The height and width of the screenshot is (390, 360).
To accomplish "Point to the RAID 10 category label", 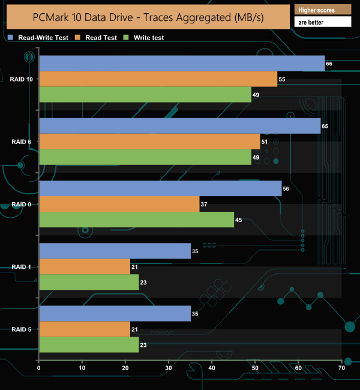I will click(21, 79).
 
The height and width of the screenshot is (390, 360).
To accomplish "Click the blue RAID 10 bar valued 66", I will click(182, 63).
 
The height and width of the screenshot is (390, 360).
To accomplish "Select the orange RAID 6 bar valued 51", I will click(149, 142).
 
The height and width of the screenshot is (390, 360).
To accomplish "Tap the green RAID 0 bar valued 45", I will click(136, 220).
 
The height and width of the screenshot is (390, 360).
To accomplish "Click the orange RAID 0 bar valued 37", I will click(119, 204).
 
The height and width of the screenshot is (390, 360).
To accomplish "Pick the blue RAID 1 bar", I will click(115, 251).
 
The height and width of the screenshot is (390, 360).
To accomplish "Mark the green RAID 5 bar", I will click(89, 344).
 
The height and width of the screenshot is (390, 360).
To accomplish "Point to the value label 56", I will click(286, 188).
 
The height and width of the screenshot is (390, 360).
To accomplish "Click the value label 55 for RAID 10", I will click(282, 79).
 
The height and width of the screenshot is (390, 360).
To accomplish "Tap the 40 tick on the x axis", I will click(212, 368).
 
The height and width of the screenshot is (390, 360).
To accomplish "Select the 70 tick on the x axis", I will click(341, 368).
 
